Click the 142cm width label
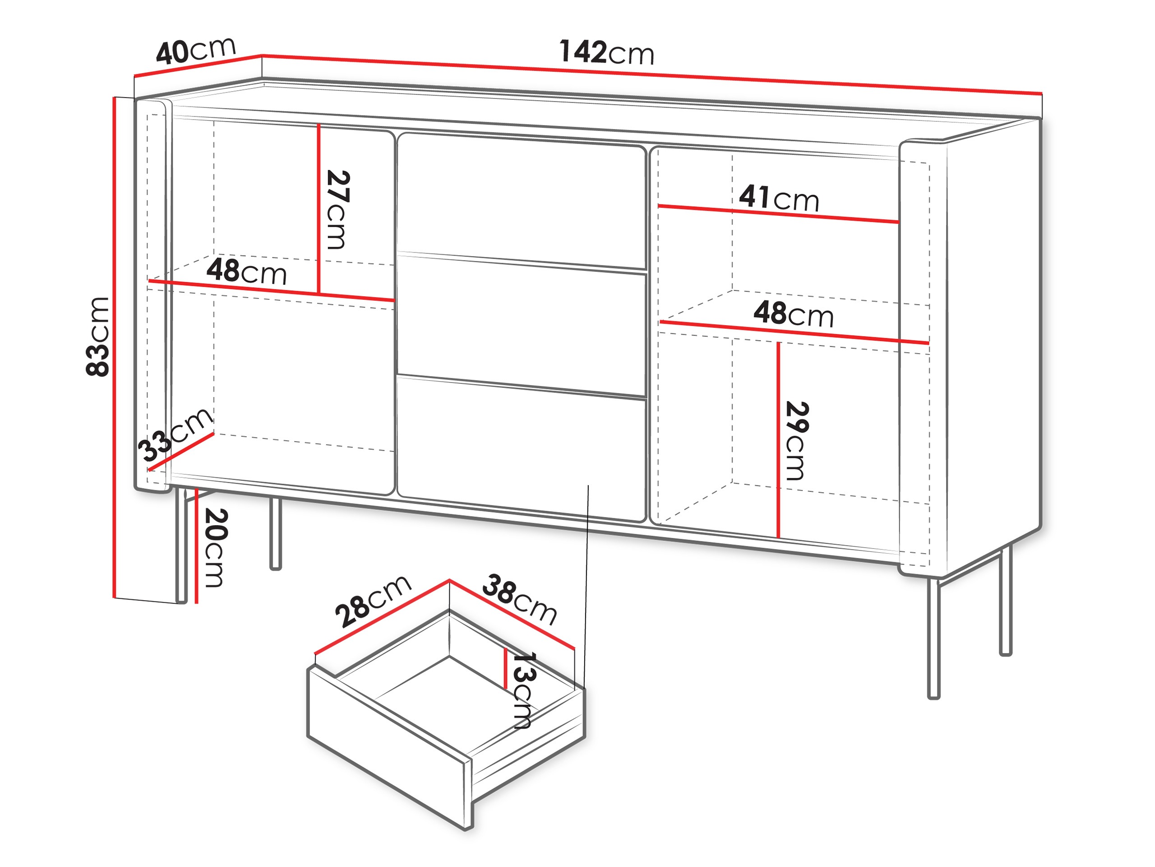point(606,52)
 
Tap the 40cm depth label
point(196,51)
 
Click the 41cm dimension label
point(779,198)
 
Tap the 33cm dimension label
point(175,435)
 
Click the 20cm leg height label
point(215,547)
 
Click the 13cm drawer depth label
point(522,690)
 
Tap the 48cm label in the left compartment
point(246,271)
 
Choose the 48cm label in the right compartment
point(793,314)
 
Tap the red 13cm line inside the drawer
point(505,669)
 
